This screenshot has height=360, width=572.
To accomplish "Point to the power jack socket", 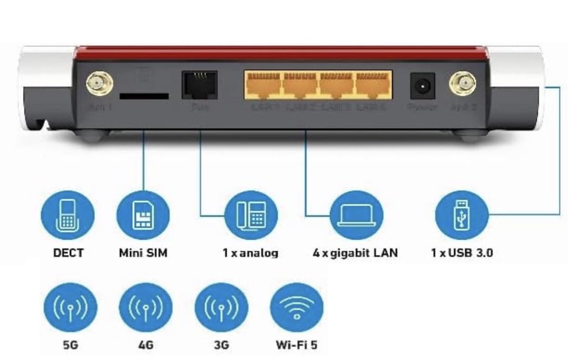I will coord(422,86).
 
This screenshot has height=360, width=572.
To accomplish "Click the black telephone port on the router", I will coord(199,85).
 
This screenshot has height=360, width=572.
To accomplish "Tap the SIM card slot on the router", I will coord(143,96).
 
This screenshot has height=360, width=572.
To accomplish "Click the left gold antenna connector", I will coord(99,84).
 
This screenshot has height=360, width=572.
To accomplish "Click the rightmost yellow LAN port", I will coord(373,85).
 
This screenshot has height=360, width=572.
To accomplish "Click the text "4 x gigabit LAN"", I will coord(355,253).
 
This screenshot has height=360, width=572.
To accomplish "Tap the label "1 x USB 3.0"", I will coord(461,253).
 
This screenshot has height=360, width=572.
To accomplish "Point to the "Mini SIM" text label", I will coord(143,253).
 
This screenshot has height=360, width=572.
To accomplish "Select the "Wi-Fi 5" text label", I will coord(296,344).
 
